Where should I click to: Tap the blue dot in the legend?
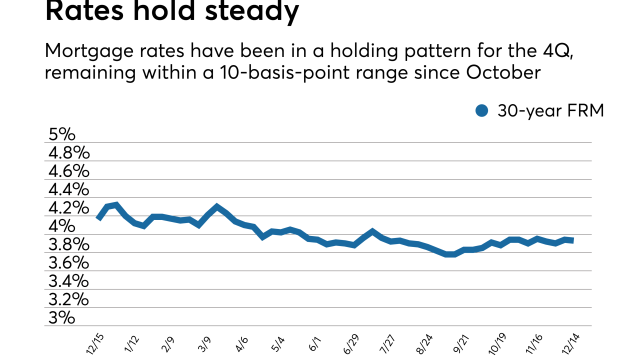[x=481, y=111]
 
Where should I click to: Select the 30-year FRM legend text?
[x=550, y=111]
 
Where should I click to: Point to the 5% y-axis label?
[x=61, y=134]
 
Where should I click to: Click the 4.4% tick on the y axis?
[x=68, y=189]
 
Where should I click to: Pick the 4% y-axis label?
[x=61, y=226]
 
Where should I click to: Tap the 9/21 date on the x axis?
[x=462, y=343]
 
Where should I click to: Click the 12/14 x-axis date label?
[x=572, y=343]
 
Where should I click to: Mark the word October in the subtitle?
[x=503, y=72]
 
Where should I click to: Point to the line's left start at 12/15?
[x=98, y=218]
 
